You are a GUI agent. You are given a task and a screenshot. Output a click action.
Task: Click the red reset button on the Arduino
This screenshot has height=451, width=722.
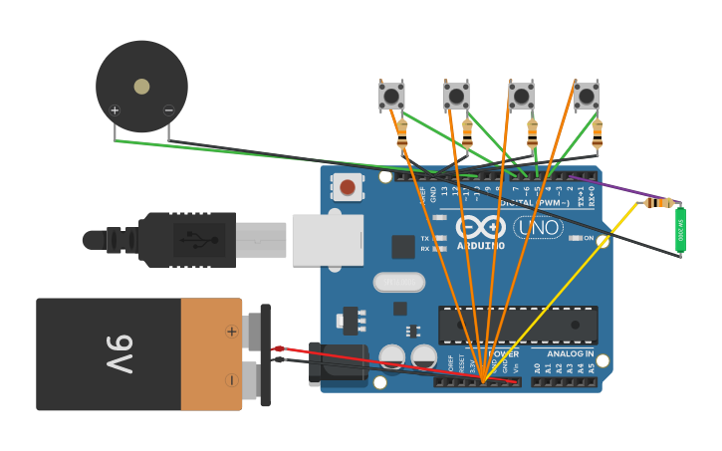(348, 186)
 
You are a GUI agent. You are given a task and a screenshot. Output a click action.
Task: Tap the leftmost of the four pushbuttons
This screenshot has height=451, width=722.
(391, 96)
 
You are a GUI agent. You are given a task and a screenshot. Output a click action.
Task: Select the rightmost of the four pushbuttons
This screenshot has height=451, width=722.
(587, 96)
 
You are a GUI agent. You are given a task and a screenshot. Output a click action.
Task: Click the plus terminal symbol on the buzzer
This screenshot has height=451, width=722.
(115, 110)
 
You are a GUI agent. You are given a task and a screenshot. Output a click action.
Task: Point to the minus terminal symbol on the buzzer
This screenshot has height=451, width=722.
(168, 110)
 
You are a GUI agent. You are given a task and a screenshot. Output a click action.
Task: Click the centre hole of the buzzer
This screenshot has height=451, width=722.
(141, 87)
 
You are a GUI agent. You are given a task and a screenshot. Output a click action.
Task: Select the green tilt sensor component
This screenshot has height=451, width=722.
(680, 230)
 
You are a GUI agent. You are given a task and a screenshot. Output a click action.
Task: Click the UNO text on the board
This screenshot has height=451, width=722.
(538, 227)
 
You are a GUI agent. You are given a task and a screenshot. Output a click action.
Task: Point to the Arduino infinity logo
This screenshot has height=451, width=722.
(481, 225)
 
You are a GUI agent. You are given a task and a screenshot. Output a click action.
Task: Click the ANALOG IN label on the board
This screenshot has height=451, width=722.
(570, 353)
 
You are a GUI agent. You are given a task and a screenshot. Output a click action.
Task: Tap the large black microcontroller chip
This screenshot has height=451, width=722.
(518, 325)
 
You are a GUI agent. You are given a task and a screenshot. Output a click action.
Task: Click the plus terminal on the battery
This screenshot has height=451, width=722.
(232, 331)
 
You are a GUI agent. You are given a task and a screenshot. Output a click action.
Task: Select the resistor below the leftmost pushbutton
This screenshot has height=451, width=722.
(401, 134)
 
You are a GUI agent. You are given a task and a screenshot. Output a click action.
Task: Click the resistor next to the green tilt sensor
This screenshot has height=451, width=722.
(657, 203)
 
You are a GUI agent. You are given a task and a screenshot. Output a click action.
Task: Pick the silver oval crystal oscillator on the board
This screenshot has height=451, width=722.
(398, 283)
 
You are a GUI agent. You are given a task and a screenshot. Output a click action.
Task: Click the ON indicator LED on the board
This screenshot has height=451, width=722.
(575, 238)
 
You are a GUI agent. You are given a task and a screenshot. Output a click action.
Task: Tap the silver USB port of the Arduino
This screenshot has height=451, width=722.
(328, 240)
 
